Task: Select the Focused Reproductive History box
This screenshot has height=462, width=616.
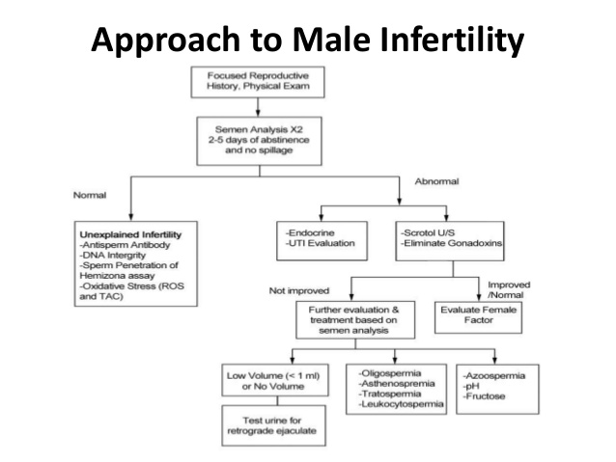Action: [258, 82]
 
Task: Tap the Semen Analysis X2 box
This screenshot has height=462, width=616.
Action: [260, 141]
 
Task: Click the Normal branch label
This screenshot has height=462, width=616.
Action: [90, 195]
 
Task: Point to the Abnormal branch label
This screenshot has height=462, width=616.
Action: [436, 181]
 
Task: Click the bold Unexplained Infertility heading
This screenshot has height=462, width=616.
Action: [130, 234]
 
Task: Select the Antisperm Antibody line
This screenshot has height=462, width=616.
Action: [125, 245]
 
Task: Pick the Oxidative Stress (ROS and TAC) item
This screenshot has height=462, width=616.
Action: [131, 291]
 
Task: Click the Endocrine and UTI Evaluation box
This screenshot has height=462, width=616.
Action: [322, 240]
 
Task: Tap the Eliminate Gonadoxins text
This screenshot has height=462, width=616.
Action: [452, 243]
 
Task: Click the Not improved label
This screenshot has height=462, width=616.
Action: [299, 291]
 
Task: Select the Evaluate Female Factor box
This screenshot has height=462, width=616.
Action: [479, 317]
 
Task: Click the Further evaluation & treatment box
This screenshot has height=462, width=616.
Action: [355, 320]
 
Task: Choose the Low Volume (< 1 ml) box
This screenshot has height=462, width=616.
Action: [275, 380]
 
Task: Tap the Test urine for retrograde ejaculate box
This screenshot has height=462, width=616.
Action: [274, 425]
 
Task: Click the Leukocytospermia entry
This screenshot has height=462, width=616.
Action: [401, 404]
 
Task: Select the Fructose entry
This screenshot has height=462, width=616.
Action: [484, 396]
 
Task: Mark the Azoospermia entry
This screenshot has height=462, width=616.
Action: [493, 375]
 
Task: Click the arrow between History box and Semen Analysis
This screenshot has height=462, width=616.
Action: [258, 107]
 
